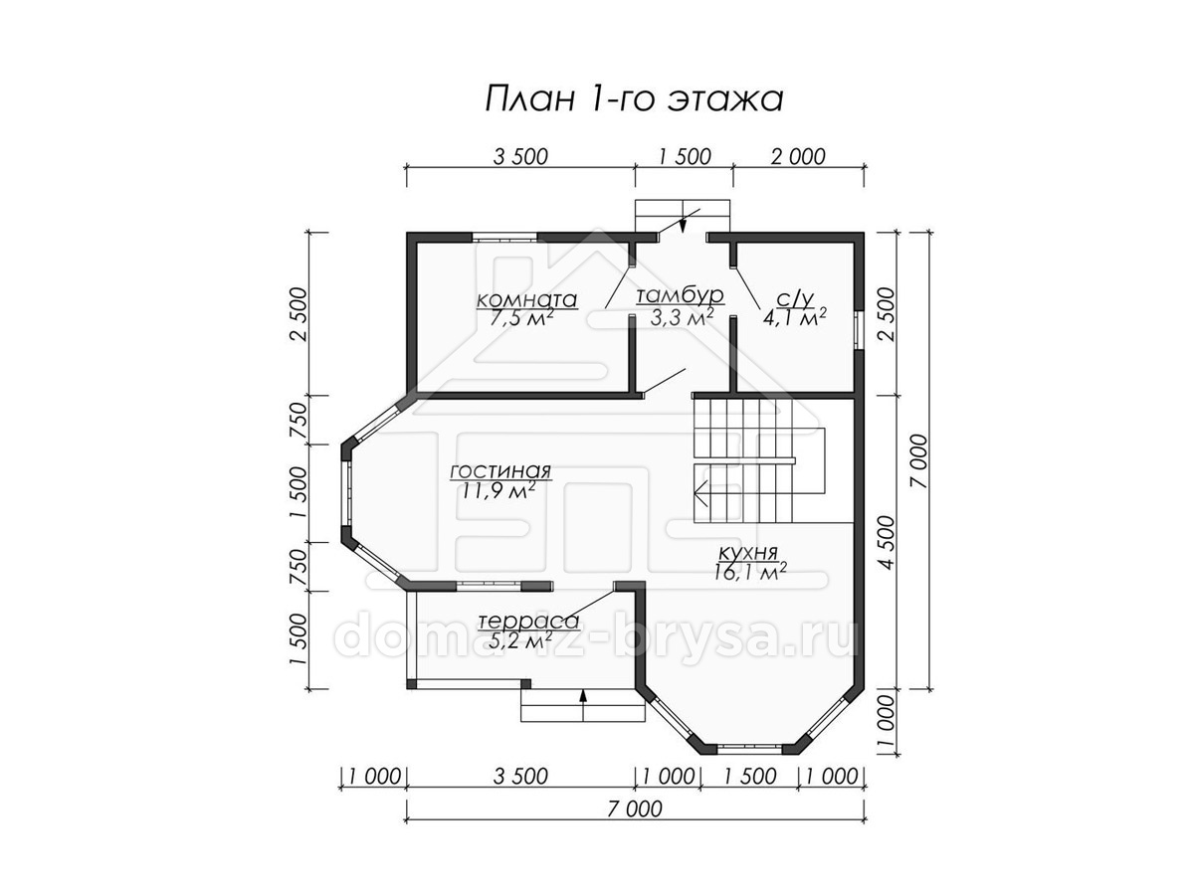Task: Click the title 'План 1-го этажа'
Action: click(633, 98)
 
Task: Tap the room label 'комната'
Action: click(526, 299)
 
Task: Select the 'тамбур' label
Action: click(680, 295)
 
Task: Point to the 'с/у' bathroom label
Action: click(794, 297)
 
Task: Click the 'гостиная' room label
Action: click(500, 471)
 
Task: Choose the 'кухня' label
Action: click(748, 553)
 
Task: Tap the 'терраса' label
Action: click(528, 621)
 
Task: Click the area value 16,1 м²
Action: click(750, 572)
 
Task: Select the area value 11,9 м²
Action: click(498, 490)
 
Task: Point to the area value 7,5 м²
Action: click(521, 318)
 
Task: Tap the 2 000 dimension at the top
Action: click(798, 156)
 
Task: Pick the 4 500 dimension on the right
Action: click(887, 542)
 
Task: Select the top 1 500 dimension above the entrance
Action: click(684, 156)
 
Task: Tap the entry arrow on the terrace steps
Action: click(583, 705)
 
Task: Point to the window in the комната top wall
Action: click(504, 237)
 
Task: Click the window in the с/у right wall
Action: click(859, 330)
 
